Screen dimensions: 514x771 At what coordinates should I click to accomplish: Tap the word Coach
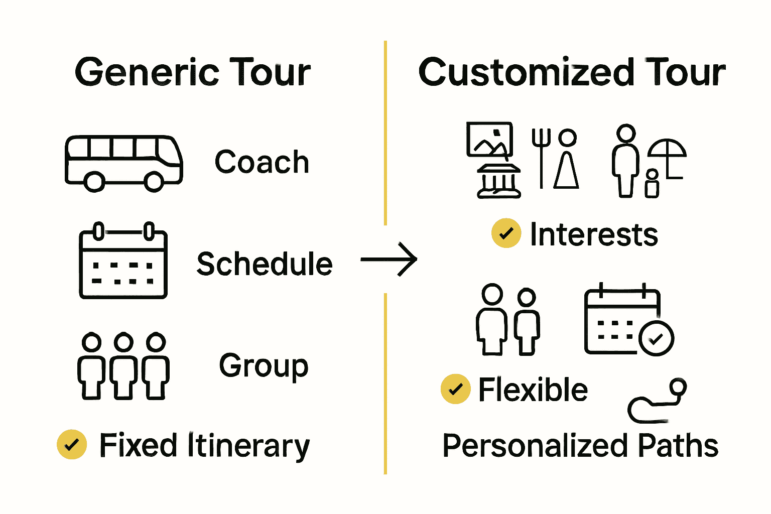[x=262, y=162]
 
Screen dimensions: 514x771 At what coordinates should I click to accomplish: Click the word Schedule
[x=265, y=264]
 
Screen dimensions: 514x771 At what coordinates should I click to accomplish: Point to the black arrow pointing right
[x=389, y=260]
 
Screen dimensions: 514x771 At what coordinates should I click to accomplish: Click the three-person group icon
[x=123, y=366]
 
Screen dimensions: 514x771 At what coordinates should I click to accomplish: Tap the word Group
[x=264, y=366]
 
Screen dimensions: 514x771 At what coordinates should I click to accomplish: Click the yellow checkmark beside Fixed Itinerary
[x=72, y=445]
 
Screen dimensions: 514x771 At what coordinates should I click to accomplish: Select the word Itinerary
[x=248, y=446]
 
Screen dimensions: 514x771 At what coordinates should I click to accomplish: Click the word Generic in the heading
[x=147, y=72]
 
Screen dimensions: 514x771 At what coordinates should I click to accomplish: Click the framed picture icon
[x=489, y=139]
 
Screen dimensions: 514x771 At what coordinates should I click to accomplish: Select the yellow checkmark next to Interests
[x=506, y=233]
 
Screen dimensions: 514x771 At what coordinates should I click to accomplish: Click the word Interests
[x=594, y=234]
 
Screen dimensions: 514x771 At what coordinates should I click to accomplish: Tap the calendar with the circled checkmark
[x=629, y=321]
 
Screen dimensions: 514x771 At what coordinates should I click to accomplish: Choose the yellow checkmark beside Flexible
[x=455, y=389]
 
